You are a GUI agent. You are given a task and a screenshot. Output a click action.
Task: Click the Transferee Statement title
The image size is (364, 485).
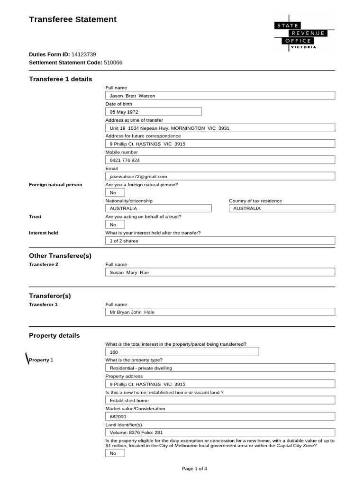[73, 19]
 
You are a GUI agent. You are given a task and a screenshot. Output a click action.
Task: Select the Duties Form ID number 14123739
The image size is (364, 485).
[83, 54]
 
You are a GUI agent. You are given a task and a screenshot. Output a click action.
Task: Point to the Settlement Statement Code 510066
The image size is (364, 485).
[113, 63]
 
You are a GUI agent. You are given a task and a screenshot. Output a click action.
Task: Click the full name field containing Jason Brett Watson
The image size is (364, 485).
[220, 96]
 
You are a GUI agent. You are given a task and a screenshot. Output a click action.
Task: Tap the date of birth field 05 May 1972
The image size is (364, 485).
[153, 112]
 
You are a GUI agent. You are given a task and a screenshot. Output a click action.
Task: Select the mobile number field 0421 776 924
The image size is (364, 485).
[220, 160]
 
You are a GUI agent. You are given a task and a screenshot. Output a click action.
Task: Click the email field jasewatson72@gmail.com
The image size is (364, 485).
[220, 176]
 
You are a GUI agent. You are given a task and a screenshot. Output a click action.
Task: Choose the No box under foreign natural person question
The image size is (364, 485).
[115, 193]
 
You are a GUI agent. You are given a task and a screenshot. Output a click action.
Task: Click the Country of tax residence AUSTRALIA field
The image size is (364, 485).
[282, 208]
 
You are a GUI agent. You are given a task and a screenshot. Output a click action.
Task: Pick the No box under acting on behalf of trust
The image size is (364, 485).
[115, 225]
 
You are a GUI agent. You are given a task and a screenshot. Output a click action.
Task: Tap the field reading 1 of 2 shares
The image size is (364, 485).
[220, 241]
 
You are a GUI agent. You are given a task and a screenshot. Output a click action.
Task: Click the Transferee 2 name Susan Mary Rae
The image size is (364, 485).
[220, 272]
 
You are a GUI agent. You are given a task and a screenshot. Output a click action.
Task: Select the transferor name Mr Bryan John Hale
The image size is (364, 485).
[220, 312]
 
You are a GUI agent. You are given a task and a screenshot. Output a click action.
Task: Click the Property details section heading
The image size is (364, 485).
[55, 335]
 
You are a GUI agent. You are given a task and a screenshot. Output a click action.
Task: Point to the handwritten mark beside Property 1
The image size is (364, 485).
[26, 359]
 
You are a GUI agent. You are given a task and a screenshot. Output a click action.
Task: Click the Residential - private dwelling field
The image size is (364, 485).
[220, 368]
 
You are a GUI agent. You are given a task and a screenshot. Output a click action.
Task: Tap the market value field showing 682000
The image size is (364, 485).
[220, 416]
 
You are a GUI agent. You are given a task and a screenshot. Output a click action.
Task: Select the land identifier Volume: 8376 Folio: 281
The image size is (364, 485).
[220, 432]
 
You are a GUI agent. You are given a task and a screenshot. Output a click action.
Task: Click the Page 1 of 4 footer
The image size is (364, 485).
[194, 468]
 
